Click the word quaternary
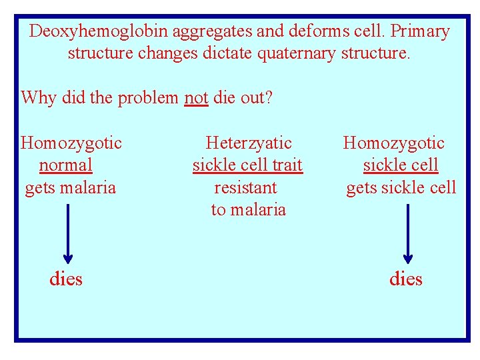point(293,53)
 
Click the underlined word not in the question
point(196,98)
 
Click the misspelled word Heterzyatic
point(249,143)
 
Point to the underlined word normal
point(66,165)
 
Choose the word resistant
point(245,187)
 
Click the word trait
point(283,165)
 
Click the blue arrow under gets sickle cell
point(408,233)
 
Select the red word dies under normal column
point(66,279)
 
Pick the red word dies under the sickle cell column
point(406,279)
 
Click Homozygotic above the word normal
point(71,143)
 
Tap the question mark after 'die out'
point(269,98)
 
